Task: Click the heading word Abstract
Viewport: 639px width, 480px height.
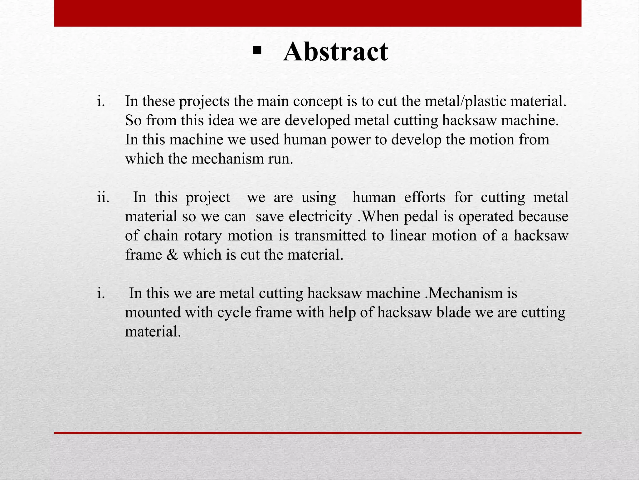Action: pos(336,52)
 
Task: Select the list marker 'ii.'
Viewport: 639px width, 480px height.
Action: pos(103,197)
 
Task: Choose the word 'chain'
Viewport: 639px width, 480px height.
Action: pos(161,236)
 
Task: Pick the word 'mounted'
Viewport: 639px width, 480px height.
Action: pos(153,312)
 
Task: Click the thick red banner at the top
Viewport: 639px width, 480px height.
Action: pos(318,13)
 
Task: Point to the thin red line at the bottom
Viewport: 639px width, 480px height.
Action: pos(318,433)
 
